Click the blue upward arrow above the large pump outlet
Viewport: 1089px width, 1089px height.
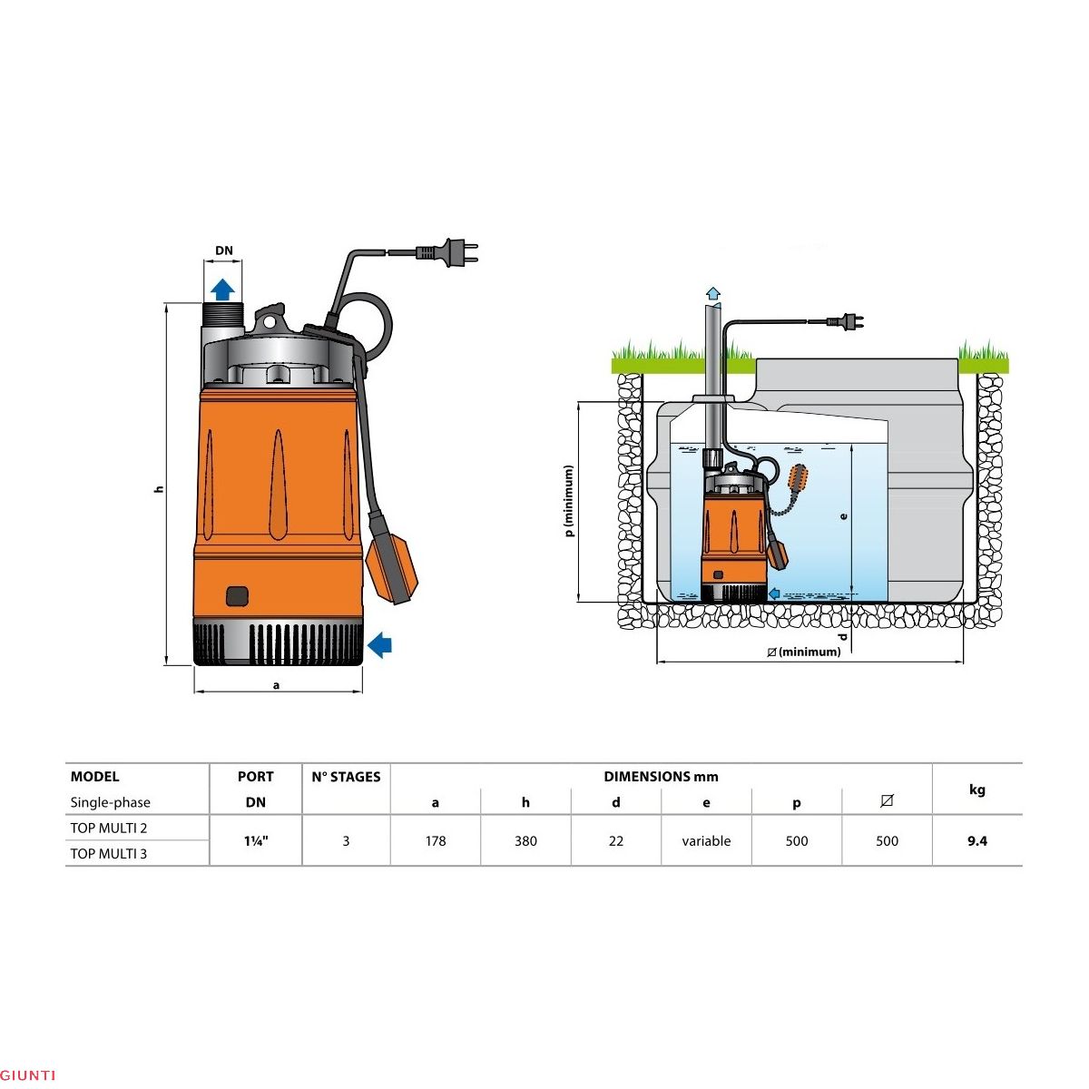[222, 289]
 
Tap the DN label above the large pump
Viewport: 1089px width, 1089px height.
[223, 251]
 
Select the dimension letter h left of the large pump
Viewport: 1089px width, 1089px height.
[159, 488]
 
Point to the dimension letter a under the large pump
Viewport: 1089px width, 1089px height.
[277, 685]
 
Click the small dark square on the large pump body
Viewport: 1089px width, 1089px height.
[238, 595]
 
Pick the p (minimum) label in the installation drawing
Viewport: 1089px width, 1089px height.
[569, 501]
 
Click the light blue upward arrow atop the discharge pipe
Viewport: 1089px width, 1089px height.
[713, 293]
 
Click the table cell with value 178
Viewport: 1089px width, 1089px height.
[436, 841]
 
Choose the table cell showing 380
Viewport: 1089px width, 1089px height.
[525, 841]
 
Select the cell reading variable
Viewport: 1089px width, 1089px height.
[706, 841]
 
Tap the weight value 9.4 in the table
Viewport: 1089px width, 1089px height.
[976, 841]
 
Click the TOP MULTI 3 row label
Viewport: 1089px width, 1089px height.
[109, 853]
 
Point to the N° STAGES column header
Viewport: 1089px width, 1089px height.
[346, 777]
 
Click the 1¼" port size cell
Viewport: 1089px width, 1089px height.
[256, 841]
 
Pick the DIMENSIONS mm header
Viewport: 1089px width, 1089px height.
[661, 777]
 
